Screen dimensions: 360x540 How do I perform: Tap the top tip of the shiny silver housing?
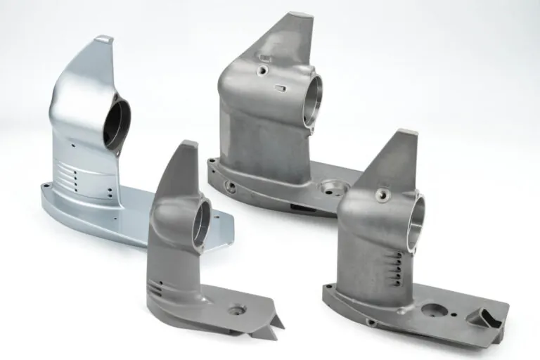click(x=104, y=39)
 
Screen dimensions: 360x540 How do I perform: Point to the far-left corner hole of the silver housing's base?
click(x=46, y=186)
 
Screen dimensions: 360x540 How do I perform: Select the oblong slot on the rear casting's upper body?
click(x=280, y=88)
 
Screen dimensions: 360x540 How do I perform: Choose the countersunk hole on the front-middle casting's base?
click(x=236, y=309)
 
